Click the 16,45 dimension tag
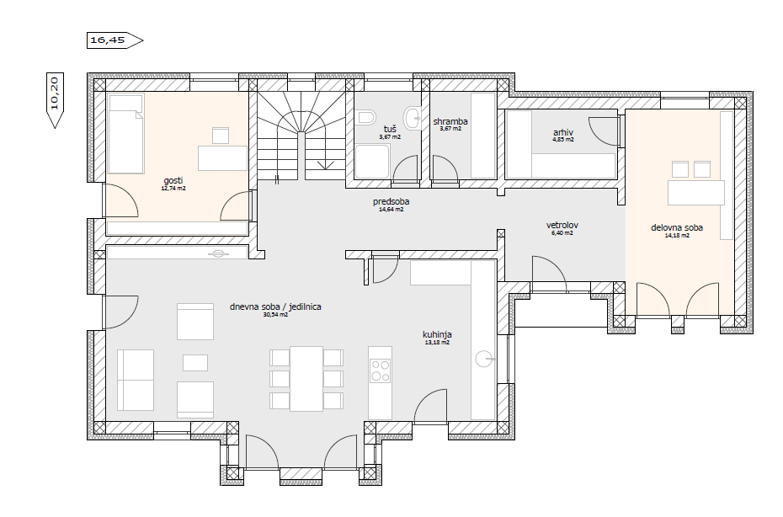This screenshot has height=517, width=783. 115,40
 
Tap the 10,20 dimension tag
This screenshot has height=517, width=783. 55,100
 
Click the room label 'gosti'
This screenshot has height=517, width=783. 173,180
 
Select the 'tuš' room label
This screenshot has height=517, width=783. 390,130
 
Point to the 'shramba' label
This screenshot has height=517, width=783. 450,121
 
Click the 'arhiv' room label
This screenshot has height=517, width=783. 562,132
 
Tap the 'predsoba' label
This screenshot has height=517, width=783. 391,201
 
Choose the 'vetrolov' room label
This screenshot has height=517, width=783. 562,226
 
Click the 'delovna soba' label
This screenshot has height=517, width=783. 677,228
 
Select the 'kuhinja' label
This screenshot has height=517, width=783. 437,334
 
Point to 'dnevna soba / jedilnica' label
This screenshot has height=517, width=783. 275,306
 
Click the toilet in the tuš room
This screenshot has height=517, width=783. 366,117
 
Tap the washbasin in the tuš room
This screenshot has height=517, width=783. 413,119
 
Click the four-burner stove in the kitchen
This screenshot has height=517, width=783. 380,370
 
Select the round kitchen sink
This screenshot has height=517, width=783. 484,359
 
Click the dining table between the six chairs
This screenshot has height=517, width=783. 306,379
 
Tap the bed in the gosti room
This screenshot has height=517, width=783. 126,134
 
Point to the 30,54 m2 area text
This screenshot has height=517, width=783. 275,315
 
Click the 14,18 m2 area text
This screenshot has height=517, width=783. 677,235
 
